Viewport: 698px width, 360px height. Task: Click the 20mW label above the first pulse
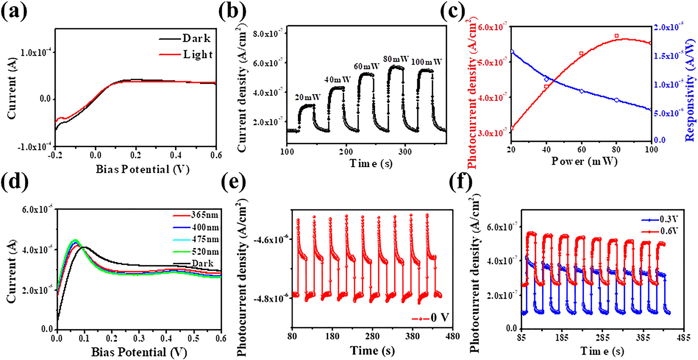pyautogui.click(x=308, y=97)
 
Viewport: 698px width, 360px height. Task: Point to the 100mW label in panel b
pyautogui.click(x=427, y=62)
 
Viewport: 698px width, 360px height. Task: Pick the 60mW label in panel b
pyautogui.click(x=366, y=66)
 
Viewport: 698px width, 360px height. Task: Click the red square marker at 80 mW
pyautogui.click(x=617, y=36)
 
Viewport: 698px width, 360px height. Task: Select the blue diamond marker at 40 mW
pyautogui.click(x=546, y=79)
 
